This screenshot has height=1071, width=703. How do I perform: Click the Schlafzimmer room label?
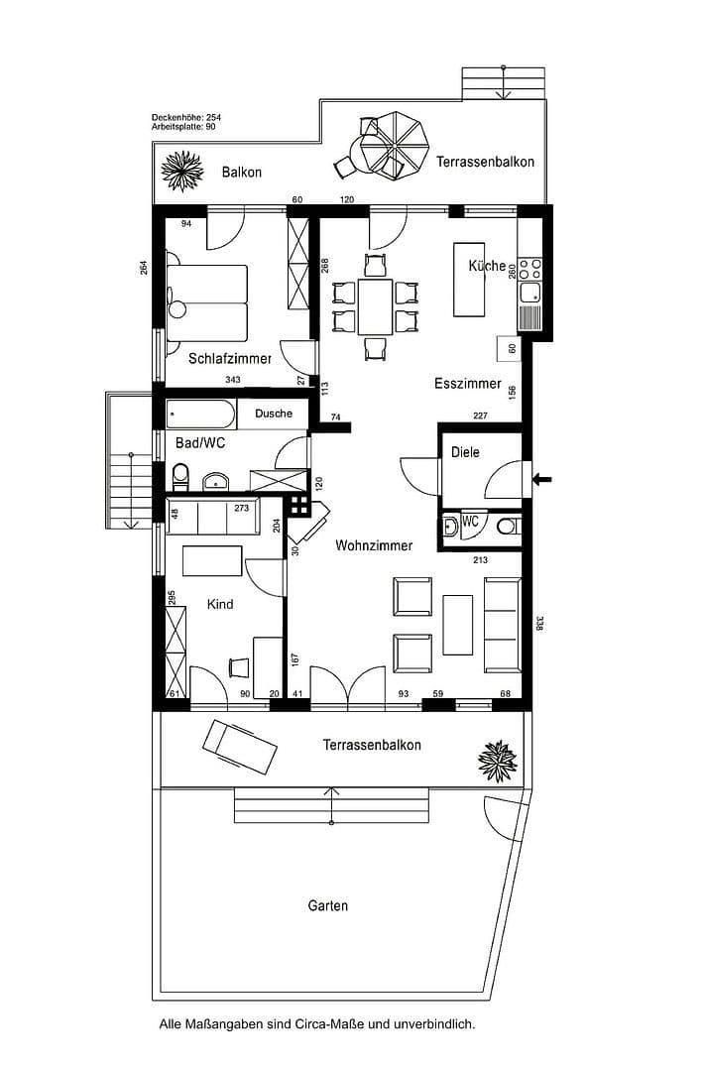(x=230, y=359)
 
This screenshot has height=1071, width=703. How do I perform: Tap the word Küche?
(x=487, y=266)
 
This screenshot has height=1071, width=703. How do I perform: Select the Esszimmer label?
(x=468, y=384)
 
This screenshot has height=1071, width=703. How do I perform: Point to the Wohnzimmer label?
(x=374, y=545)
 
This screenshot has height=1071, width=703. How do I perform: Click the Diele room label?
(x=465, y=452)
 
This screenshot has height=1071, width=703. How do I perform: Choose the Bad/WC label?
(x=200, y=443)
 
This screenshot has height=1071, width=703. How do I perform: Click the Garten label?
(x=327, y=905)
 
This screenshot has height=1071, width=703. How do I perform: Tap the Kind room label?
(x=220, y=603)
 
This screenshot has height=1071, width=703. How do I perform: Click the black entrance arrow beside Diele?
(x=542, y=480)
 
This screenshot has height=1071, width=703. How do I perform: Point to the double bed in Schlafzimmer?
(x=207, y=302)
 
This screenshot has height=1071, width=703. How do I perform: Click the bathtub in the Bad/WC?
(x=200, y=413)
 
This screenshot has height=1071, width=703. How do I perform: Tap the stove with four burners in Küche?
(x=529, y=268)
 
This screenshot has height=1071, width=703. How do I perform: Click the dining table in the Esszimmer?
(x=376, y=306)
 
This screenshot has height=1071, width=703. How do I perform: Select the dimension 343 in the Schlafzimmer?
(x=233, y=380)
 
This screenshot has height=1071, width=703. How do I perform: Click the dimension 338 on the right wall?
(x=539, y=624)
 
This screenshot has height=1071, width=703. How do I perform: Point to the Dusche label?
(x=274, y=414)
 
